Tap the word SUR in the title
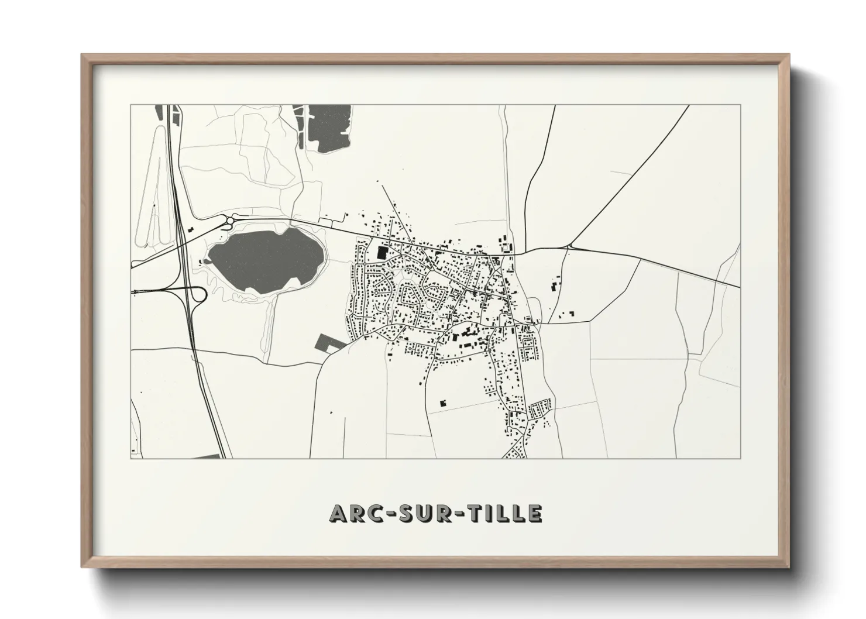pos(427,513)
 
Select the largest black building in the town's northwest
pos(382,253)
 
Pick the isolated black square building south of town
pos(442,403)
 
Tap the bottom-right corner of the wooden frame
pos(788,566)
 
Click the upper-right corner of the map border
pos(741,105)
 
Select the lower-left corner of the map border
pos(130,458)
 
